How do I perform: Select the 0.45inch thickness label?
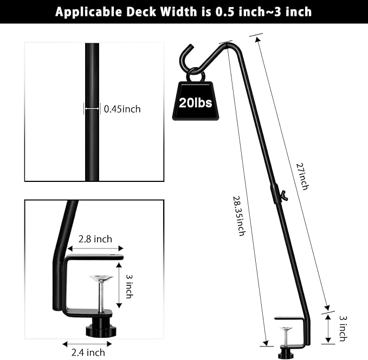tap(122, 109)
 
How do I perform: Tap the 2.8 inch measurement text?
tap(95, 239)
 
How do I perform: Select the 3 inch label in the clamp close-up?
tap(128, 286)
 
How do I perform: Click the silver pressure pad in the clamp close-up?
tap(101, 279)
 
